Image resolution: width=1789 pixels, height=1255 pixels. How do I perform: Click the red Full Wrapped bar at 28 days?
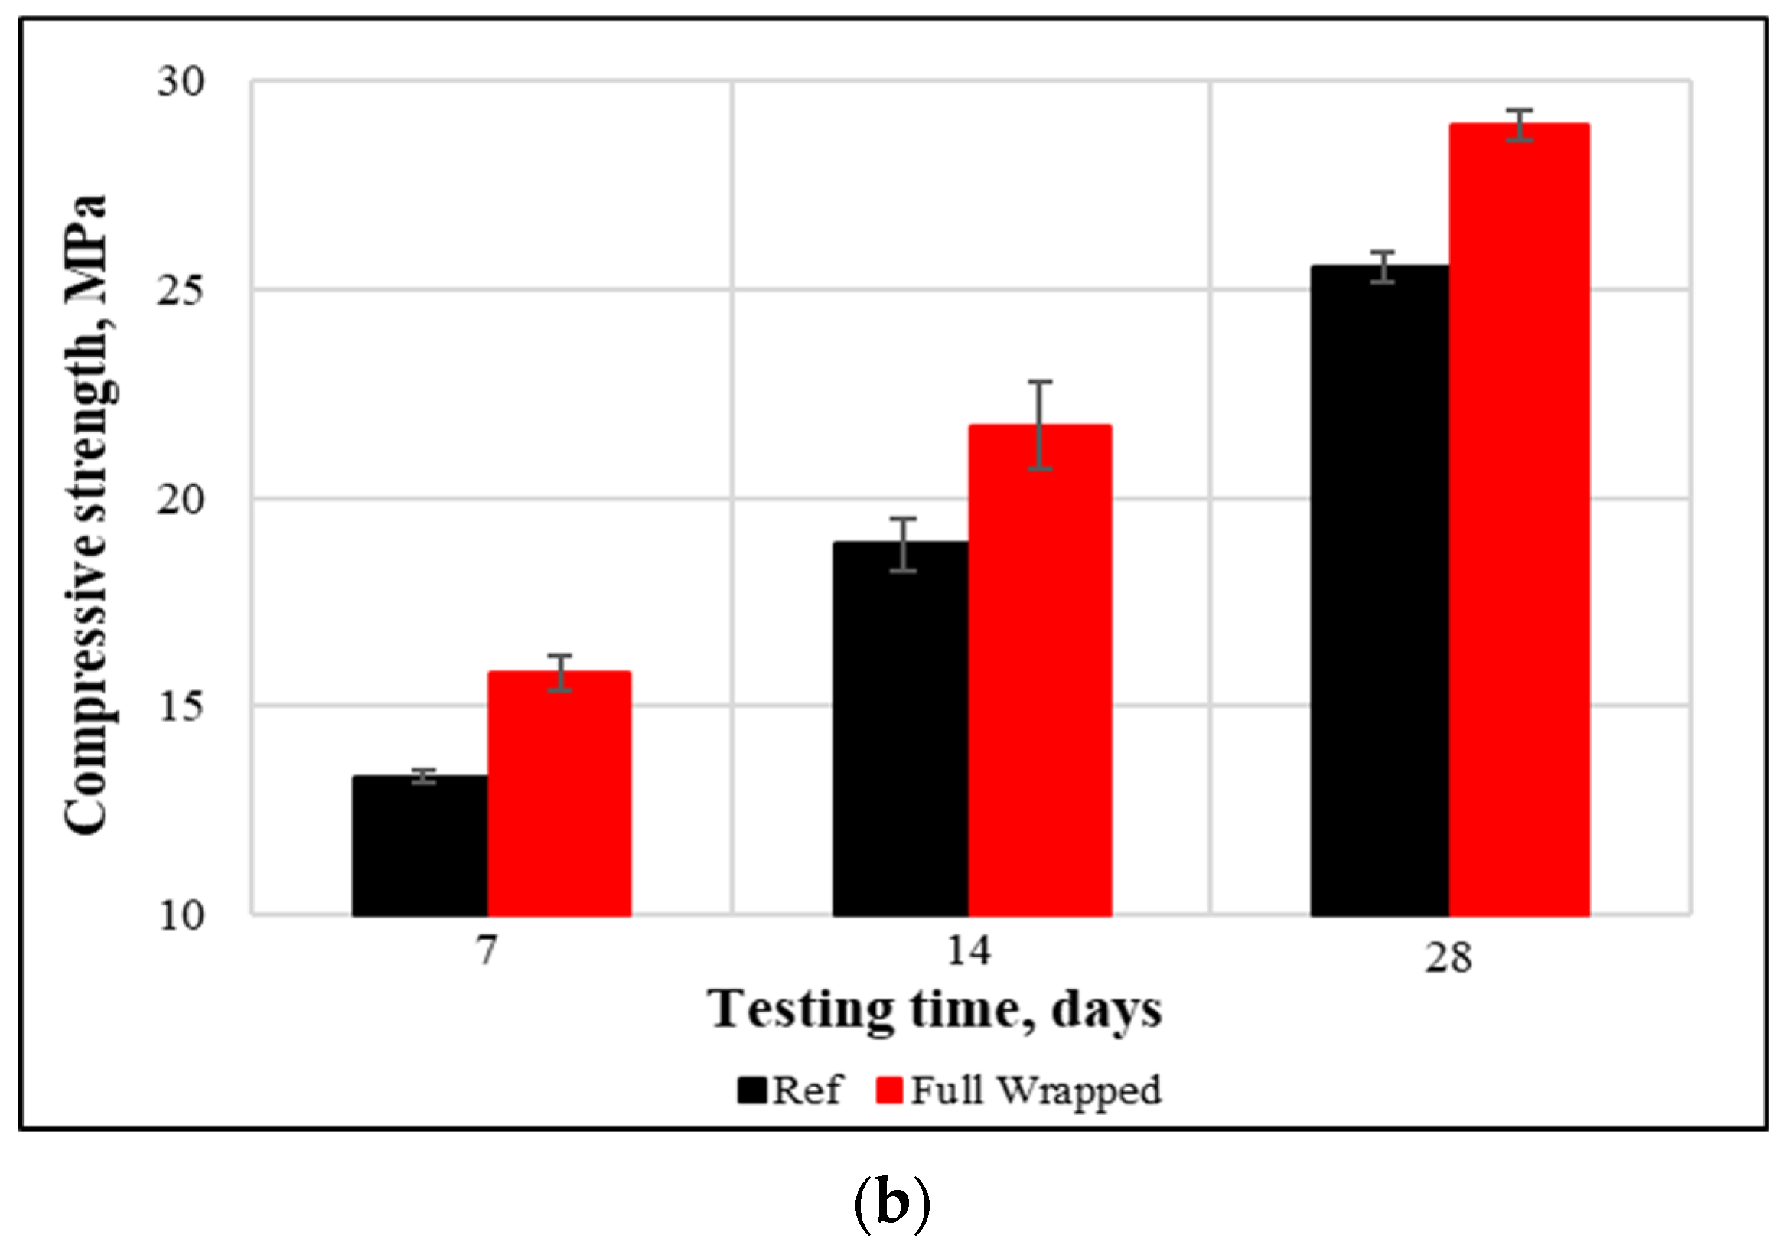click(1520, 520)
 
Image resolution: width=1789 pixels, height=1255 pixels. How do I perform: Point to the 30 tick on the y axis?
click(181, 81)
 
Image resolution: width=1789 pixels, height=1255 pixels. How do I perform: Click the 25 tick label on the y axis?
click(181, 290)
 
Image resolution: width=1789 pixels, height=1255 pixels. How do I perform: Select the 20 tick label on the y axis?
click(181, 499)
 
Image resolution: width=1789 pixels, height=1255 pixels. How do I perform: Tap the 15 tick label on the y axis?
click(181, 706)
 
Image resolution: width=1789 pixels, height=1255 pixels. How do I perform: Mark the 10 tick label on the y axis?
click(181, 915)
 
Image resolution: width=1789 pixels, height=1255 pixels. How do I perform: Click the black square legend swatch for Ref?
click(752, 1090)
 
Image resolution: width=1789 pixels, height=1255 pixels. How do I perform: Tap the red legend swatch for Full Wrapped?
click(889, 1090)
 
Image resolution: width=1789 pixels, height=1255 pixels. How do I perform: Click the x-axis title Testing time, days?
click(935, 1011)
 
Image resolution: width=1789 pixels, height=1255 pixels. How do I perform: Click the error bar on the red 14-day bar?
click(1040, 425)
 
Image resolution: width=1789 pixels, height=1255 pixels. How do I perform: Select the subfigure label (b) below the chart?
click(893, 1204)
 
